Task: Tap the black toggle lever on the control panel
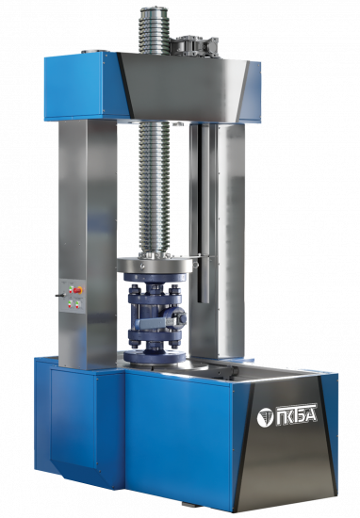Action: [x=59, y=296]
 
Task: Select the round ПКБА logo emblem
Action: [x=265, y=417]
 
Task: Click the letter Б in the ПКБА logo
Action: [x=300, y=415]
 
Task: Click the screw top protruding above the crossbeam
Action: [x=155, y=31]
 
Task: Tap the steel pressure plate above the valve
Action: [x=155, y=265]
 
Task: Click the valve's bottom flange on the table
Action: [x=155, y=356]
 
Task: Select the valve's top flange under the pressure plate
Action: [x=155, y=278]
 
